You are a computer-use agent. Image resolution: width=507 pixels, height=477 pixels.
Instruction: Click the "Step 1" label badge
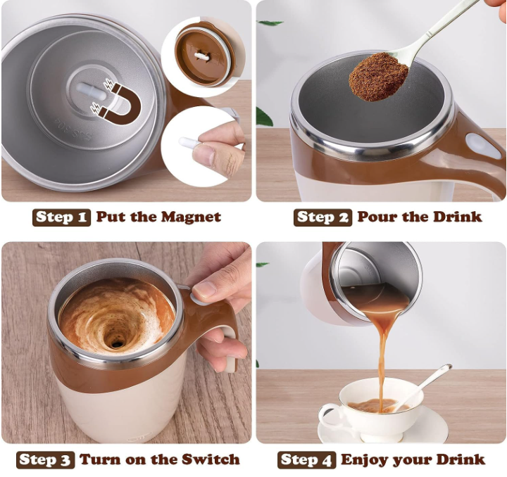point(61,217)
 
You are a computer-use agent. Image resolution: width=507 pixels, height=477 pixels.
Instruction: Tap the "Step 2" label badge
point(323,217)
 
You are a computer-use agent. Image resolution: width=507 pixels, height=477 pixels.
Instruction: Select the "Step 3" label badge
point(46,460)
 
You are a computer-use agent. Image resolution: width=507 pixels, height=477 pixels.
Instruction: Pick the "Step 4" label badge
point(306,460)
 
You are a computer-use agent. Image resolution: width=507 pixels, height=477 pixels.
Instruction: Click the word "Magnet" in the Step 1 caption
point(191,217)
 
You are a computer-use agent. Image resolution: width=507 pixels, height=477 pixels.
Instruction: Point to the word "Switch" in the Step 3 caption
point(211,459)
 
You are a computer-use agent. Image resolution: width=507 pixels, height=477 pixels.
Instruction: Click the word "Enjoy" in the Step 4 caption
point(365,460)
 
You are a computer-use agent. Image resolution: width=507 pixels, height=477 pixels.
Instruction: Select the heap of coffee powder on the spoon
point(377,76)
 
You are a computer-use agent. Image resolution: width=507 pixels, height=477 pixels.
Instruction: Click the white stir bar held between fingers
point(189,142)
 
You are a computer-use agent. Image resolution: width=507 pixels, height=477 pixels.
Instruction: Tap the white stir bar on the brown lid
point(201,56)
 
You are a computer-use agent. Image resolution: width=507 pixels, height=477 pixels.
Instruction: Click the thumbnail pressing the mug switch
point(204,289)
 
